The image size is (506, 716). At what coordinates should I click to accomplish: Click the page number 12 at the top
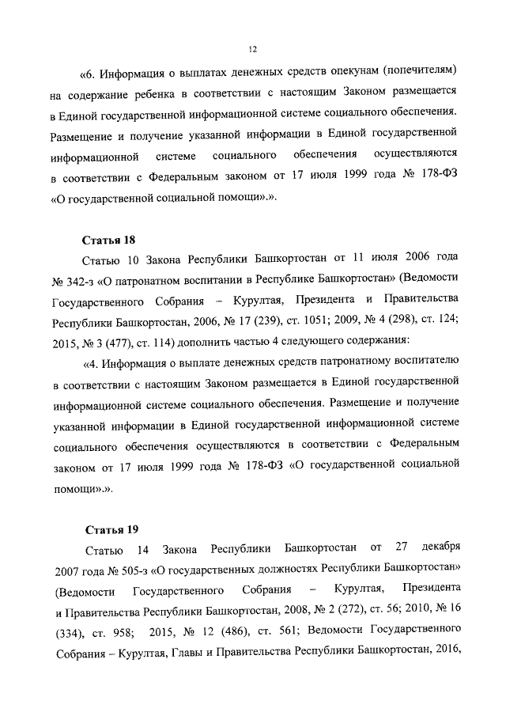tap(253, 49)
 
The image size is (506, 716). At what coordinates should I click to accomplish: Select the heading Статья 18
tap(109, 238)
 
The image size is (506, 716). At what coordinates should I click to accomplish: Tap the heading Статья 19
tap(110, 529)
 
